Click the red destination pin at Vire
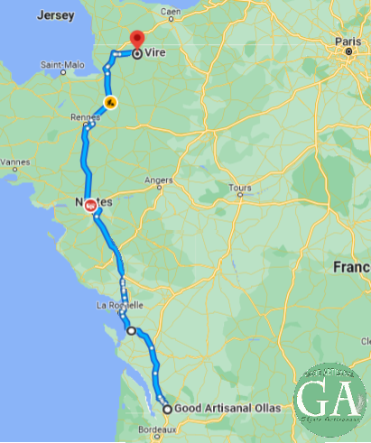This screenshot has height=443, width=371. coord(136,40)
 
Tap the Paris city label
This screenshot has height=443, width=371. coord(348,42)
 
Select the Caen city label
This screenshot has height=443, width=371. coord(170,12)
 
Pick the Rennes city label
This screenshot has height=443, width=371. coord(84,116)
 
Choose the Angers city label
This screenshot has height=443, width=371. coord(159,180)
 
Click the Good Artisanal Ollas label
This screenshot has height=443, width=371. coord(227,409)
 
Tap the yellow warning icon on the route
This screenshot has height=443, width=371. coord(109,102)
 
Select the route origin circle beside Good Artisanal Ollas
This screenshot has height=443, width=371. coord(167,409)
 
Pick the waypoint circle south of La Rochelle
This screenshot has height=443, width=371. coord(131,331)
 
